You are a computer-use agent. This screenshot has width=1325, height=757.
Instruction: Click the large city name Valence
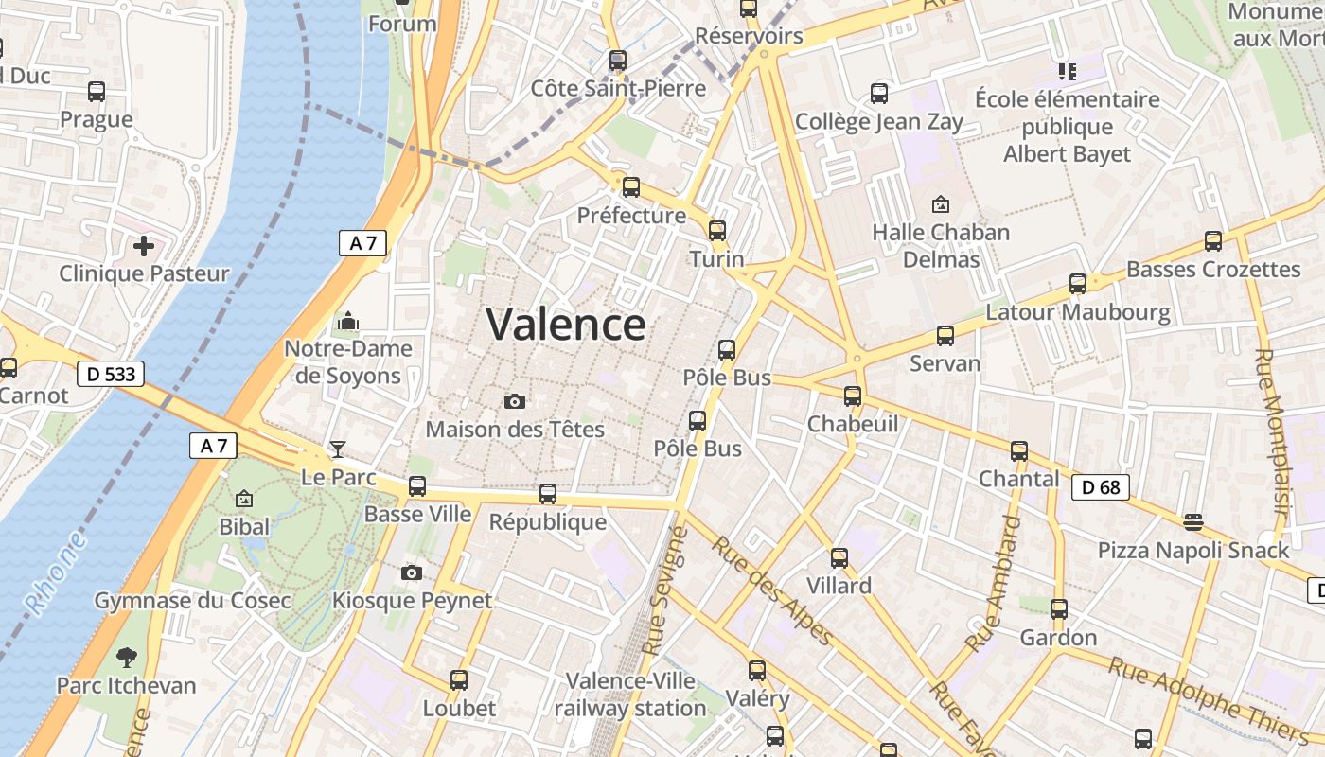(566, 325)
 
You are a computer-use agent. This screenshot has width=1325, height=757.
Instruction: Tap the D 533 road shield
(111, 374)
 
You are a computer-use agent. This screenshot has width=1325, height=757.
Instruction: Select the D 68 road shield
(1100, 487)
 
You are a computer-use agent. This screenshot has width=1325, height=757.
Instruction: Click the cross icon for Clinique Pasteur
(144, 247)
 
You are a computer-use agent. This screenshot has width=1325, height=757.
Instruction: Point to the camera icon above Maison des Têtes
(515, 402)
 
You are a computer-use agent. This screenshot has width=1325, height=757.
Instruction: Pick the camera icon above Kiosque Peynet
(412, 572)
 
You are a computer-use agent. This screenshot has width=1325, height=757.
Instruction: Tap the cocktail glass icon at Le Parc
(338, 449)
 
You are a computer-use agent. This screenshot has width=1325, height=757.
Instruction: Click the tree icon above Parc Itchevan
(126, 658)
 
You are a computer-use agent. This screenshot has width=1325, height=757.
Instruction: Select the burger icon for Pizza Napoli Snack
(1192, 521)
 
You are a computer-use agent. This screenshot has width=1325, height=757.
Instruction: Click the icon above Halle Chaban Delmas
(941, 204)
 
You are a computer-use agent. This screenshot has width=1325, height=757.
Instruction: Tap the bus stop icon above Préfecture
(631, 187)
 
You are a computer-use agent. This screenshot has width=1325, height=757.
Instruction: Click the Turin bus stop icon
(717, 231)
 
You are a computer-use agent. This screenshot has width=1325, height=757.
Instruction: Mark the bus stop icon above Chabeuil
(853, 396)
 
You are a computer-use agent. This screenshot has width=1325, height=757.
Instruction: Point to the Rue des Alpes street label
(772, 590)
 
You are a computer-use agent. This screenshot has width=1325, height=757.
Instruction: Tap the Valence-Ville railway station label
(630, 695)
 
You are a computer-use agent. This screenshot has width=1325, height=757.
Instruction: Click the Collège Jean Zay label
(879, 121)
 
